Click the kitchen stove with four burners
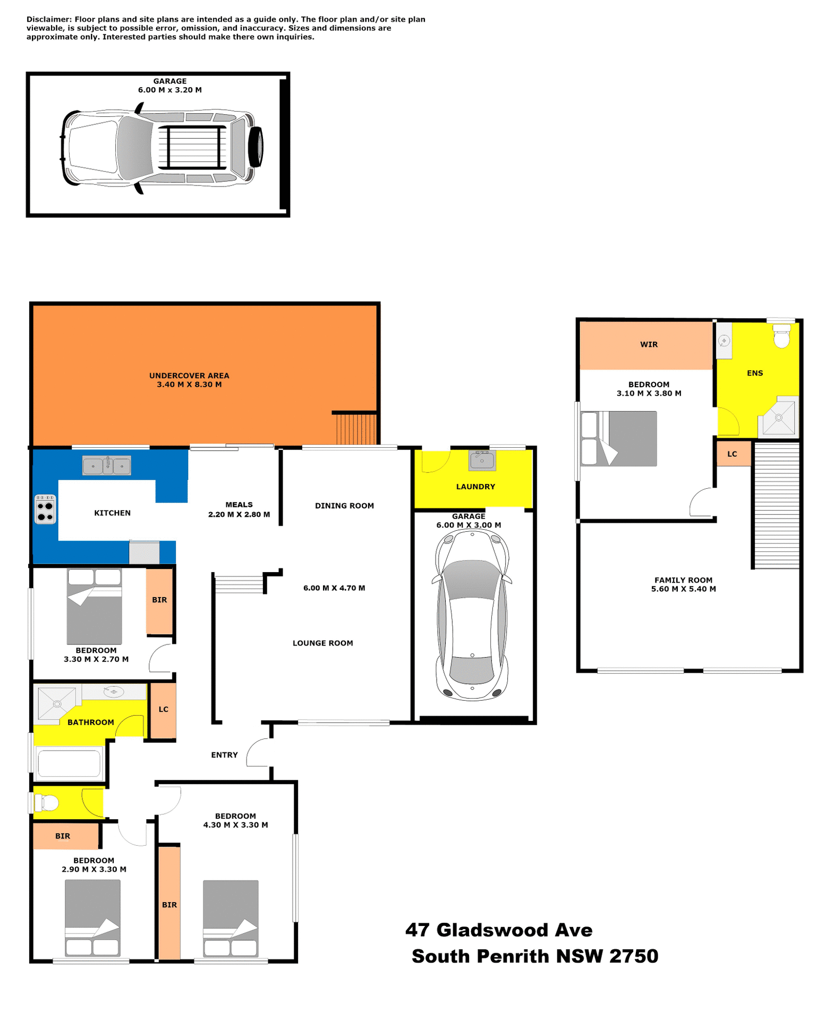click(45, 509)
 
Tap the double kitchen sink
click(107, 465)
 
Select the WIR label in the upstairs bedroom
click(649, 344)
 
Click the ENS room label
click(754, 373)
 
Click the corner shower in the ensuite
click(779, 416)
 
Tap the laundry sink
click(482, 460)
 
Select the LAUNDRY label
click(475, 486)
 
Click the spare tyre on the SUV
click(257, 147)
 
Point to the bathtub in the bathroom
click(69, 763)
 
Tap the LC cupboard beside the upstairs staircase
click(733, 454)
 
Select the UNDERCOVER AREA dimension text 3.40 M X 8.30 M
click(189, 384)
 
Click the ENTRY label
click(224, 754)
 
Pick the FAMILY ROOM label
click(683, 580)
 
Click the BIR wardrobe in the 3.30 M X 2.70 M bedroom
click(159, 600)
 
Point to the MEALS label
click(239, 504)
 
